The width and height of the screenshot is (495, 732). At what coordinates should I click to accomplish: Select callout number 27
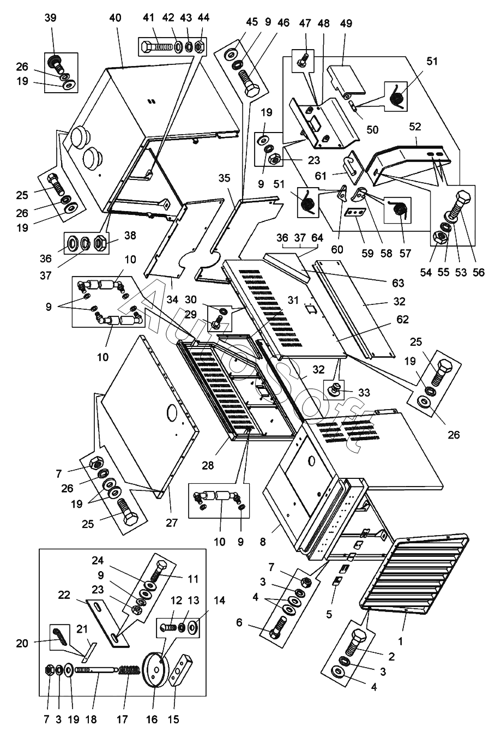coord(172,523)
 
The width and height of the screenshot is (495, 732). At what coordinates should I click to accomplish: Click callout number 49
coord(346,23)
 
